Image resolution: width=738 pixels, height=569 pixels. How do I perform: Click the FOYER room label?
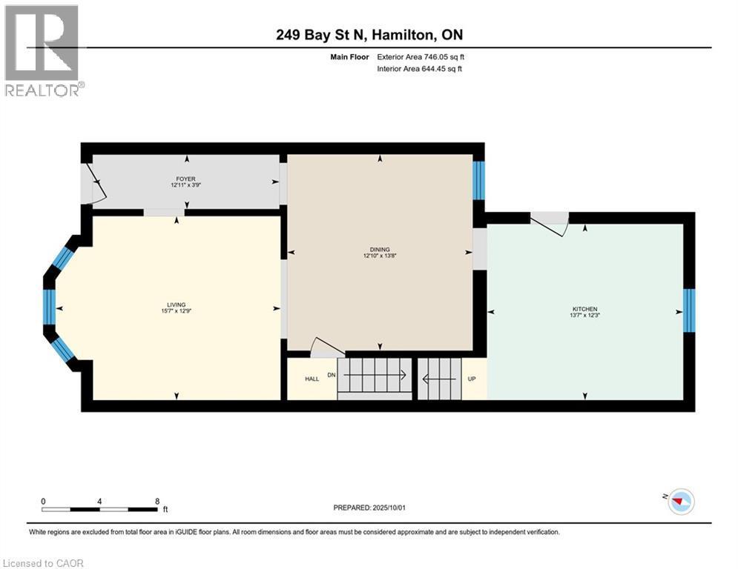[185, 179]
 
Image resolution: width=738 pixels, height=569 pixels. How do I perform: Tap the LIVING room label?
[176, 305]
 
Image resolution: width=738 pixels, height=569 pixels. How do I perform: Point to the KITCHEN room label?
[584, 309]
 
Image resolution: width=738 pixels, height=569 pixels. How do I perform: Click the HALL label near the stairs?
[312, 379]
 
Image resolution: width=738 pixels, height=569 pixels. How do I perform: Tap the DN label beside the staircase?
[332, 376]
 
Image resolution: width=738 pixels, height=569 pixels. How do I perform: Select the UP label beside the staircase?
[472, 379]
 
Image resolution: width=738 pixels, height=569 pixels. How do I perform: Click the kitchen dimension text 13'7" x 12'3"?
[584, 316]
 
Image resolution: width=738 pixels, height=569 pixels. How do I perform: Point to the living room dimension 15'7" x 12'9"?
[176, 311]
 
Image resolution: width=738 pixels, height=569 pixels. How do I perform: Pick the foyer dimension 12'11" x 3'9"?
[185, 185]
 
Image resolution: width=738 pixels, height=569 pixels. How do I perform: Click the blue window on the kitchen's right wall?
[688, 311]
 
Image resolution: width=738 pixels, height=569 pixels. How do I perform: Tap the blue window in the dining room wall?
[478, 180]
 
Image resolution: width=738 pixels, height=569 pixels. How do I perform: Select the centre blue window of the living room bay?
[49, 309]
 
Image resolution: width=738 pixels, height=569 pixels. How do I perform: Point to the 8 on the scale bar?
[157, 501]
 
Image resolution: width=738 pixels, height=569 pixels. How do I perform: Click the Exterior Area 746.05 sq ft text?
[421, 56]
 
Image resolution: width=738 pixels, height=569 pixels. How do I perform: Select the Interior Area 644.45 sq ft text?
[420, 69]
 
